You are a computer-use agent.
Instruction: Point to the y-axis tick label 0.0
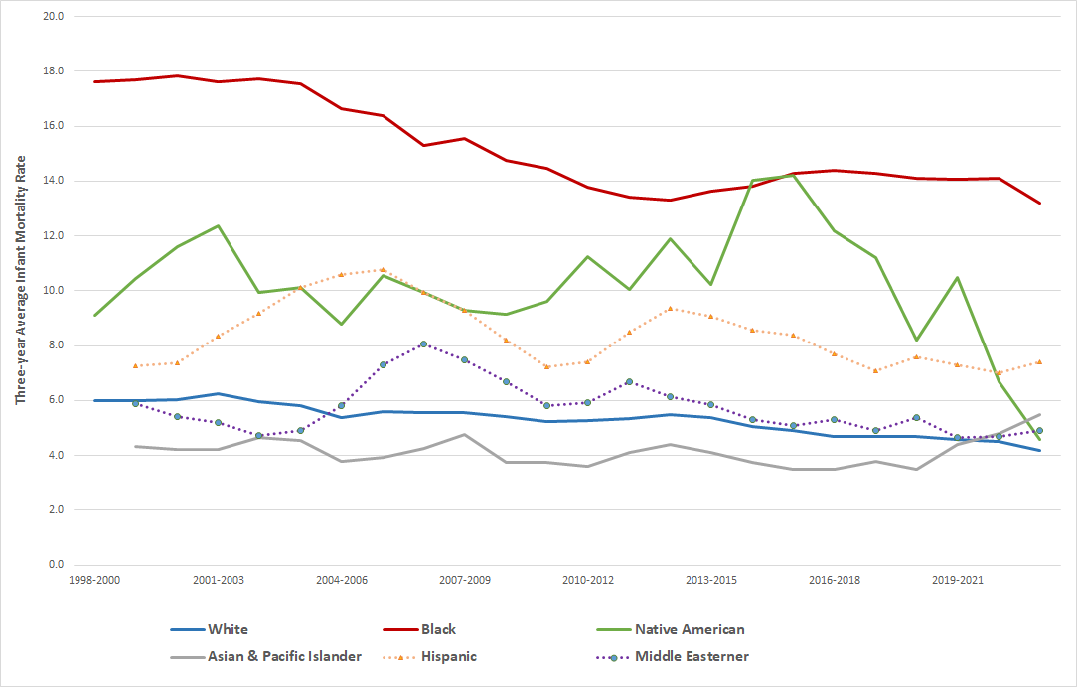pyautogui.click(x=54, y=565)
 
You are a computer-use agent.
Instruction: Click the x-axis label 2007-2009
pyautogui.click(x=465, y=579)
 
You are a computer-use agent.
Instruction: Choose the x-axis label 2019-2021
pyautogui.click(x=959, y=579)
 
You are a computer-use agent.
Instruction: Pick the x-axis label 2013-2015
pyautogui.click(x=711, y=579)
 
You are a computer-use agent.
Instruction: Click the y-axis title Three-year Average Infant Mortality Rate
pyautogui.click(x=21, y=279)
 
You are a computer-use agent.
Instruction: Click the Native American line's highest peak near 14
pyautogui.click(x=793, y=175)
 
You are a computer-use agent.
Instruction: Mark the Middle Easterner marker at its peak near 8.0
pyautogui.click(x=423, y=343)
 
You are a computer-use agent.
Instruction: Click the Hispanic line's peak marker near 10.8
pyautogui.click(x=383, y=269)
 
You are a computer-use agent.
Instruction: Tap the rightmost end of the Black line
pyautogui.click(x=1040, y=203)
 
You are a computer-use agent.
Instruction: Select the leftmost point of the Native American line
pyautogui.click(x=94, y=316)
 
